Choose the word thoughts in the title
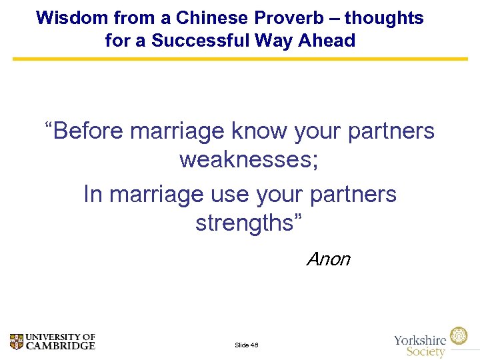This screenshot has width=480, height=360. tap(383, 18)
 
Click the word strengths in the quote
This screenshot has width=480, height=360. tap(243, 223)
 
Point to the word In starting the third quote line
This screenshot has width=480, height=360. tap(93, 194)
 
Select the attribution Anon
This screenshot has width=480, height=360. tap(328, 259)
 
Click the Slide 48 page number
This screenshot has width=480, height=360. tap(246, 345)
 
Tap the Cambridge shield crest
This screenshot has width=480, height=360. tap(17, 341)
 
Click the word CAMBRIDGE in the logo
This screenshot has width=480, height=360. tap(61, 345)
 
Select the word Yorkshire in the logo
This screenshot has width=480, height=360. tap(421, 340)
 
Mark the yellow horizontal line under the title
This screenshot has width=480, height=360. tap(240, 59)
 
